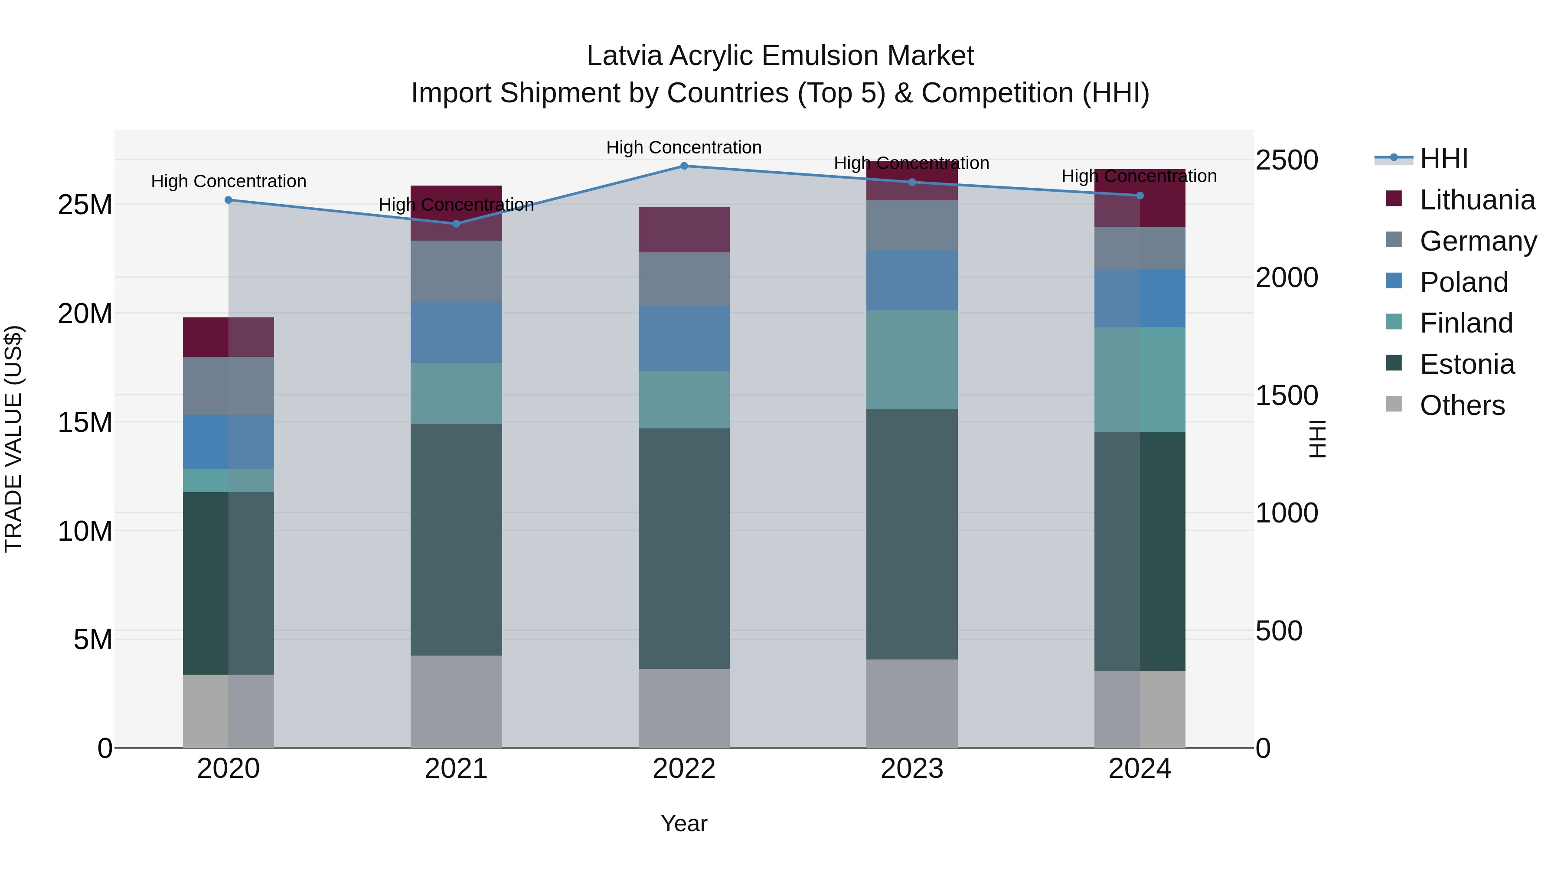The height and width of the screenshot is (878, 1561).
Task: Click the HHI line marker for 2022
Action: click(684, 166)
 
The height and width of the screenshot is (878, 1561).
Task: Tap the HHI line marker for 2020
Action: click(229, 200)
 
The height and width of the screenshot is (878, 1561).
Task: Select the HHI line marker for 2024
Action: click(1140, 196)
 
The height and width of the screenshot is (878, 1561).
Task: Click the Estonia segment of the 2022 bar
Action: click(684, 548)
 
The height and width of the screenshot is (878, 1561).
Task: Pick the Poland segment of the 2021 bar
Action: click(456, 332)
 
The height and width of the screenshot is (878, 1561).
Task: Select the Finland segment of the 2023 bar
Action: click(912, 360)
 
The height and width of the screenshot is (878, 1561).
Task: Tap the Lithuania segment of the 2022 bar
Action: click(684, 230)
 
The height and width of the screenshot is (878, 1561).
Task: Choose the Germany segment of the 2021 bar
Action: click(456, 271)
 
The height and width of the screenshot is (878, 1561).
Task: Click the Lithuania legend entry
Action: click(1477, 200)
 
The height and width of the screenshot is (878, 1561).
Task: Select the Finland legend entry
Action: click(1466, 323)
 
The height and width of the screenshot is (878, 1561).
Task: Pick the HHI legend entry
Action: click(1443, 159)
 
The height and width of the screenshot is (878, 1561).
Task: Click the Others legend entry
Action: click(1462, 405)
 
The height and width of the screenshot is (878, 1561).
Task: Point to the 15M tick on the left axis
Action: click(85, 422)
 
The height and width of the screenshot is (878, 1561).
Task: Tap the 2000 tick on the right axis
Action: click(1287, 277)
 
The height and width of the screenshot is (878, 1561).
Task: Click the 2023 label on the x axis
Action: click(912, 769)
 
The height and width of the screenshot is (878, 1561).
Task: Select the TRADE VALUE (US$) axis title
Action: click(13, 439)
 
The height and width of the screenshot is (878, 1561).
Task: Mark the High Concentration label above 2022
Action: click(684, 147)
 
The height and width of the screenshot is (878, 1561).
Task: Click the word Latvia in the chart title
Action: click(624, 56)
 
